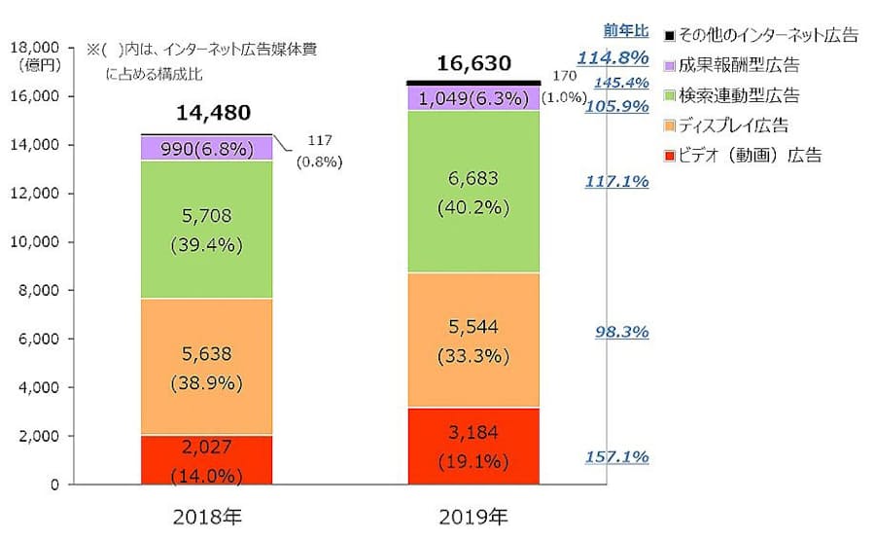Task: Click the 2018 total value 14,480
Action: [205, 114]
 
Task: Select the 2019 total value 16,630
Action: [473, 64]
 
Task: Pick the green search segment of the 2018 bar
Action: [205, 229]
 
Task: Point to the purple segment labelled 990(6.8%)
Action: [205, 149]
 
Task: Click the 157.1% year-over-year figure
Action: [617, 457]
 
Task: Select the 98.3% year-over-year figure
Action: [621, 333]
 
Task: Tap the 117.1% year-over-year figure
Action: [617, 182]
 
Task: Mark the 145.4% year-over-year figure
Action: [622, 82]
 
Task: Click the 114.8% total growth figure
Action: [613, 58]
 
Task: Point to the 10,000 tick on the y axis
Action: [35, 241]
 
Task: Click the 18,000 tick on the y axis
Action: [35, 47]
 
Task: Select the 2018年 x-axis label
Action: [205, 515]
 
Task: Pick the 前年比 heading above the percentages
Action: [620, 31]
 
